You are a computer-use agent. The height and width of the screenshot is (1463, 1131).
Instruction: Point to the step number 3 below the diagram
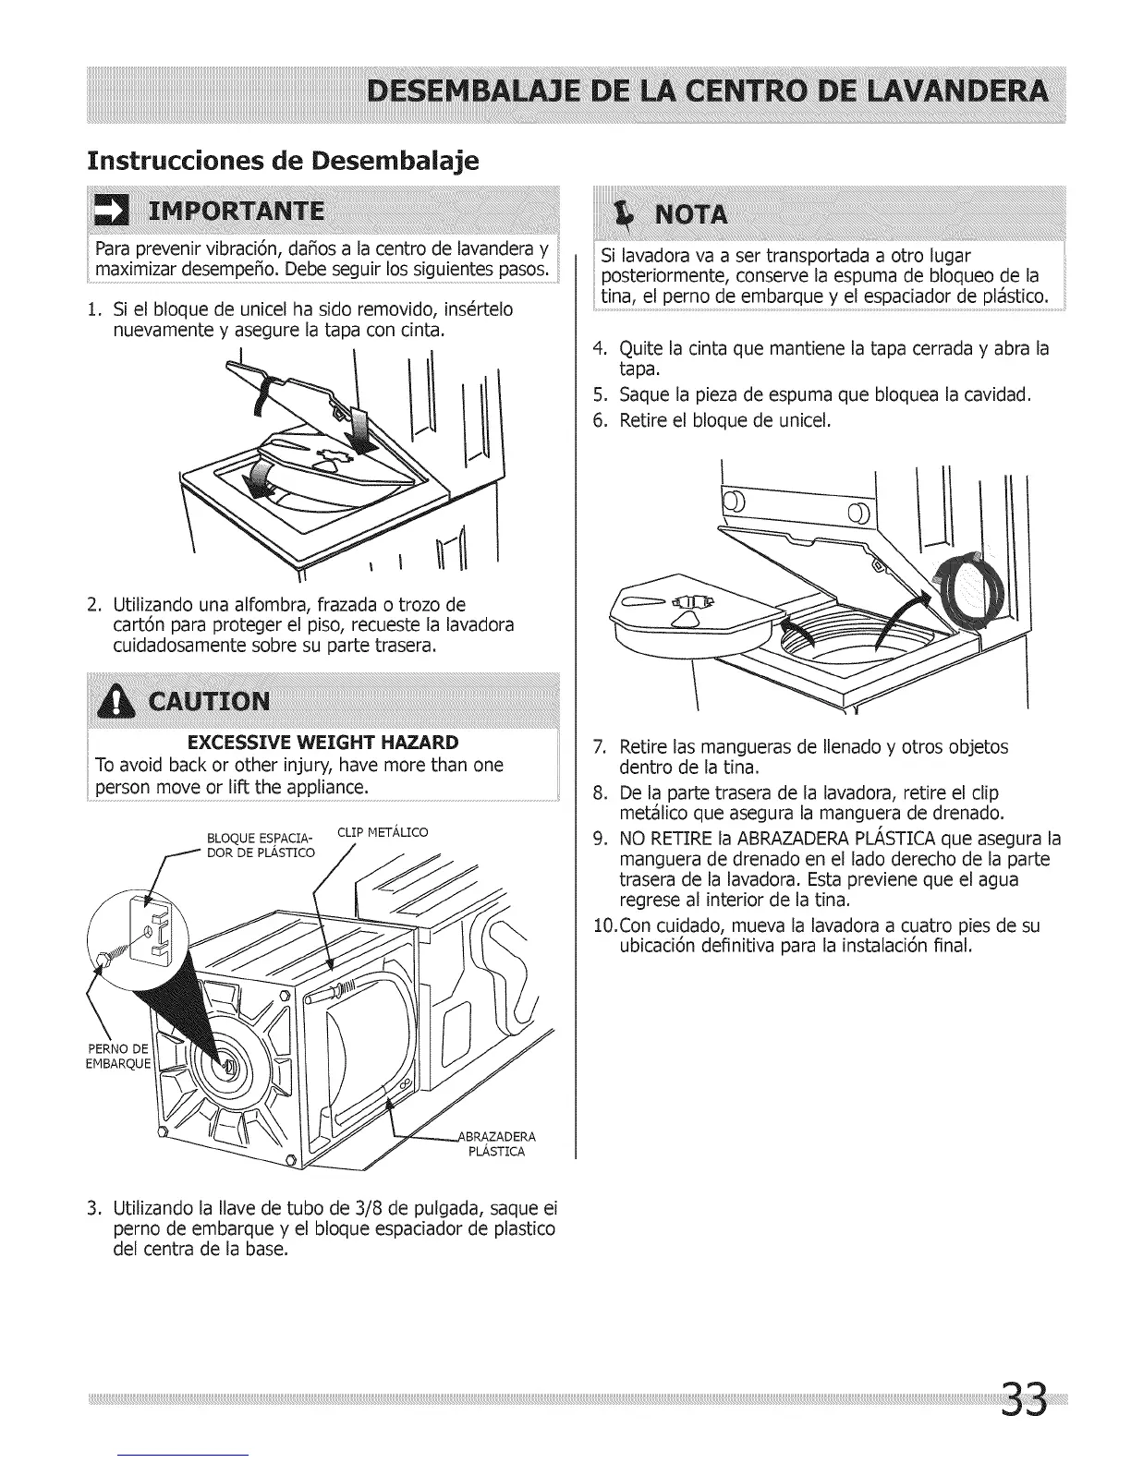[92, 1210]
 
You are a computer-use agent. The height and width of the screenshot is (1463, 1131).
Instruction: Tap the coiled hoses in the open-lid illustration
[964, 594]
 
